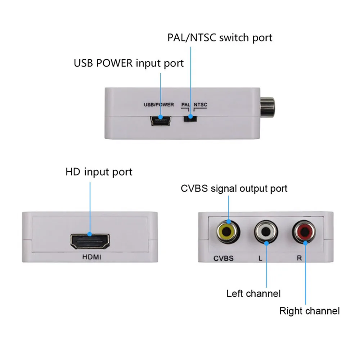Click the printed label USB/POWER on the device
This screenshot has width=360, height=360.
(159, 105)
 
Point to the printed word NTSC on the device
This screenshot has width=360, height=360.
(200, 105)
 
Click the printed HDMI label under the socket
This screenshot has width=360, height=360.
(90, 258)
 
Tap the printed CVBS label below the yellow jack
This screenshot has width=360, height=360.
(223, 258)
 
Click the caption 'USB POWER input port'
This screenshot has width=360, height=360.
(129, 63)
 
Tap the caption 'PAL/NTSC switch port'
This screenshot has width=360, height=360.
(220, 37)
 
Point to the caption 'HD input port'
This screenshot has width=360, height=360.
(99, 172)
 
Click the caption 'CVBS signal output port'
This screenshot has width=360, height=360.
(234, 188)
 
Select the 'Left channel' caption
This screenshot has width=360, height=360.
(253, 293)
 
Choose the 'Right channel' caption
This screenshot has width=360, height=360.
(309, 311)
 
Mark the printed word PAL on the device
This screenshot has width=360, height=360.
(185, 105)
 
